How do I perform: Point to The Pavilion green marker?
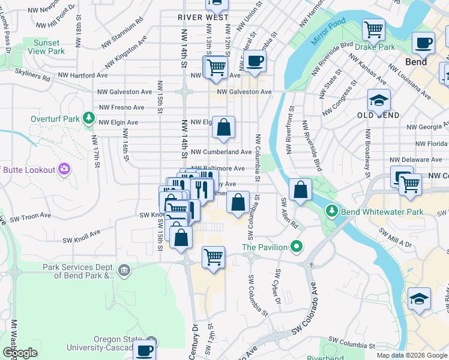click(295, 247)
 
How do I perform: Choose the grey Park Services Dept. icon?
click(124, 271)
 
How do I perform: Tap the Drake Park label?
click(375, 46)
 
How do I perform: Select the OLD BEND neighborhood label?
click(378, 115)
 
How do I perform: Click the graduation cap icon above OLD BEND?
click(379, 101)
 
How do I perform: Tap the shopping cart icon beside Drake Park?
click(374, 28)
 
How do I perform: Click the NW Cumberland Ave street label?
click(221, 152)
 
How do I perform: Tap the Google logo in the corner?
click(20, 353)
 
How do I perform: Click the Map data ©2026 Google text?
click(411, 355)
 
